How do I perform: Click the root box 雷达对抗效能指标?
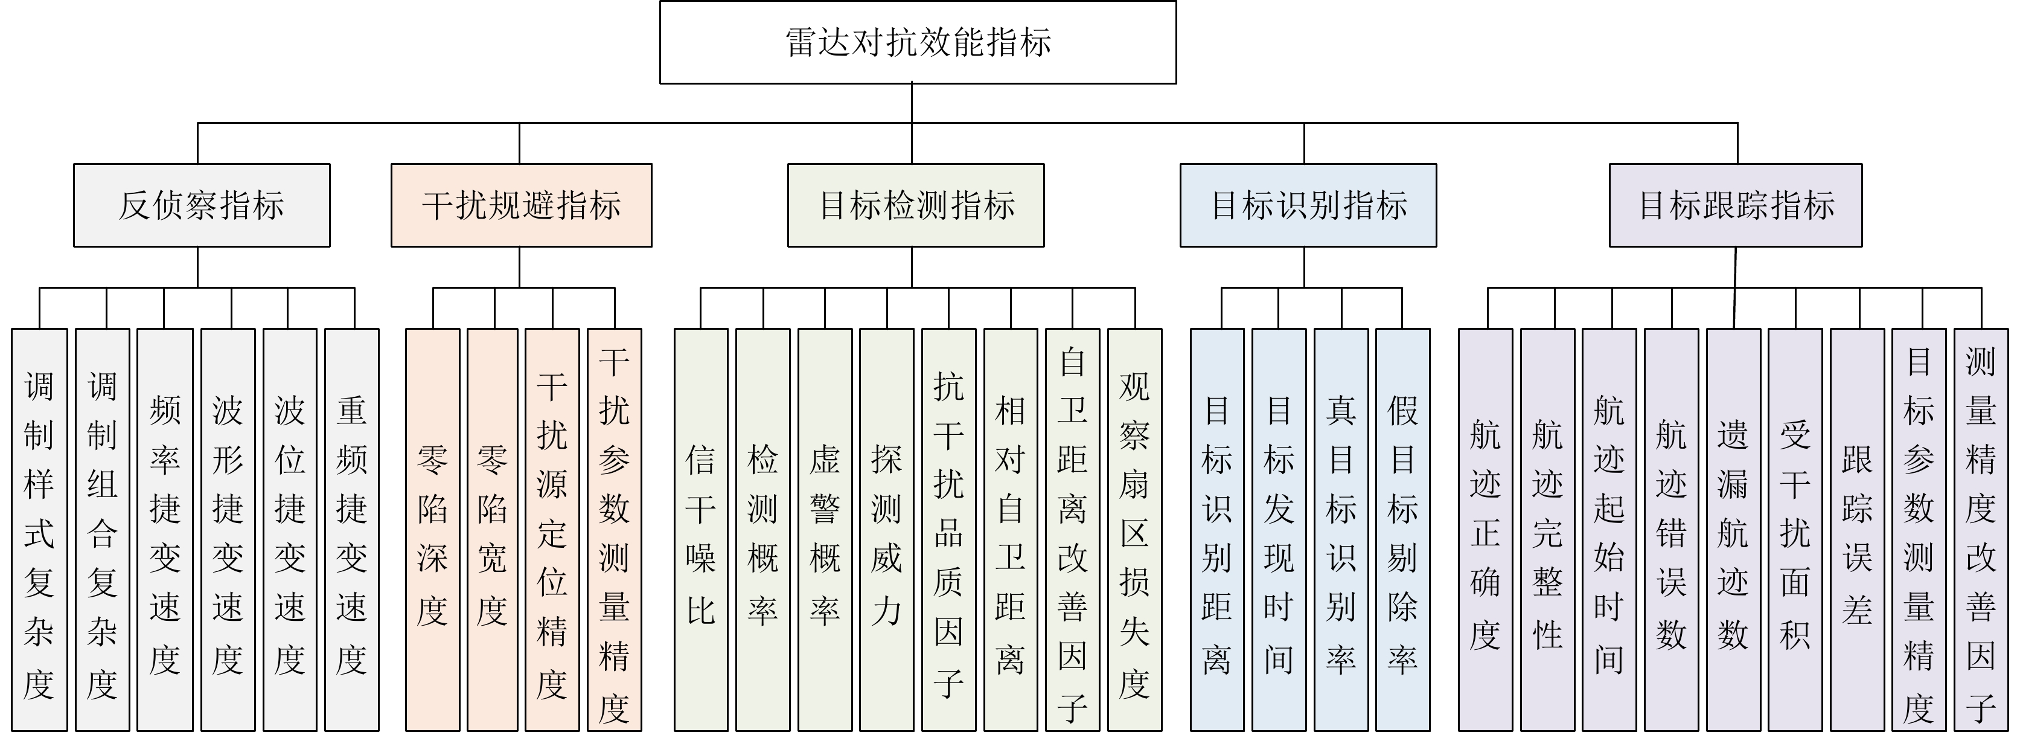click(x=918, y=42)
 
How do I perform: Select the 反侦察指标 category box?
click(x=202, y=205)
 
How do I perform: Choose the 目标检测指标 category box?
click(x=916, y=205)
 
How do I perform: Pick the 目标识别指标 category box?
click(x=1308, y=205)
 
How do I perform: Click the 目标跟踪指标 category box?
click(x=1735, y=205)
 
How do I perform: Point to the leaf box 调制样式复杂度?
click(x=39, y=530)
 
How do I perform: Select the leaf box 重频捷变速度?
click(x=351, y=530)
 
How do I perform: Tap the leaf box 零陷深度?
click(x=432, y=530)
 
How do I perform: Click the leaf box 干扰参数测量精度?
click(x=614, y=530)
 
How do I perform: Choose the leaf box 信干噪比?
click(x=700, y=530)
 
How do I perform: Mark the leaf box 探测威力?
click(x=886, y=530)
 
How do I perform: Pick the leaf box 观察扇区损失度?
click(x=1134, y=530)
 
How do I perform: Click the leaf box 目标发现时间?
click(x=1278, y=530)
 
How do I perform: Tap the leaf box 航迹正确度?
click(x=1485, y=530)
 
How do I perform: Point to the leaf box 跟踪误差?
click(x=1857, y=530)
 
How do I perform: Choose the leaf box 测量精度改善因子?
click(x=1980, y=530)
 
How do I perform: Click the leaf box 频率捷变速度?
click(x=165, y=530)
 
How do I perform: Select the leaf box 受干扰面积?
click(x=1795, y=530)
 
